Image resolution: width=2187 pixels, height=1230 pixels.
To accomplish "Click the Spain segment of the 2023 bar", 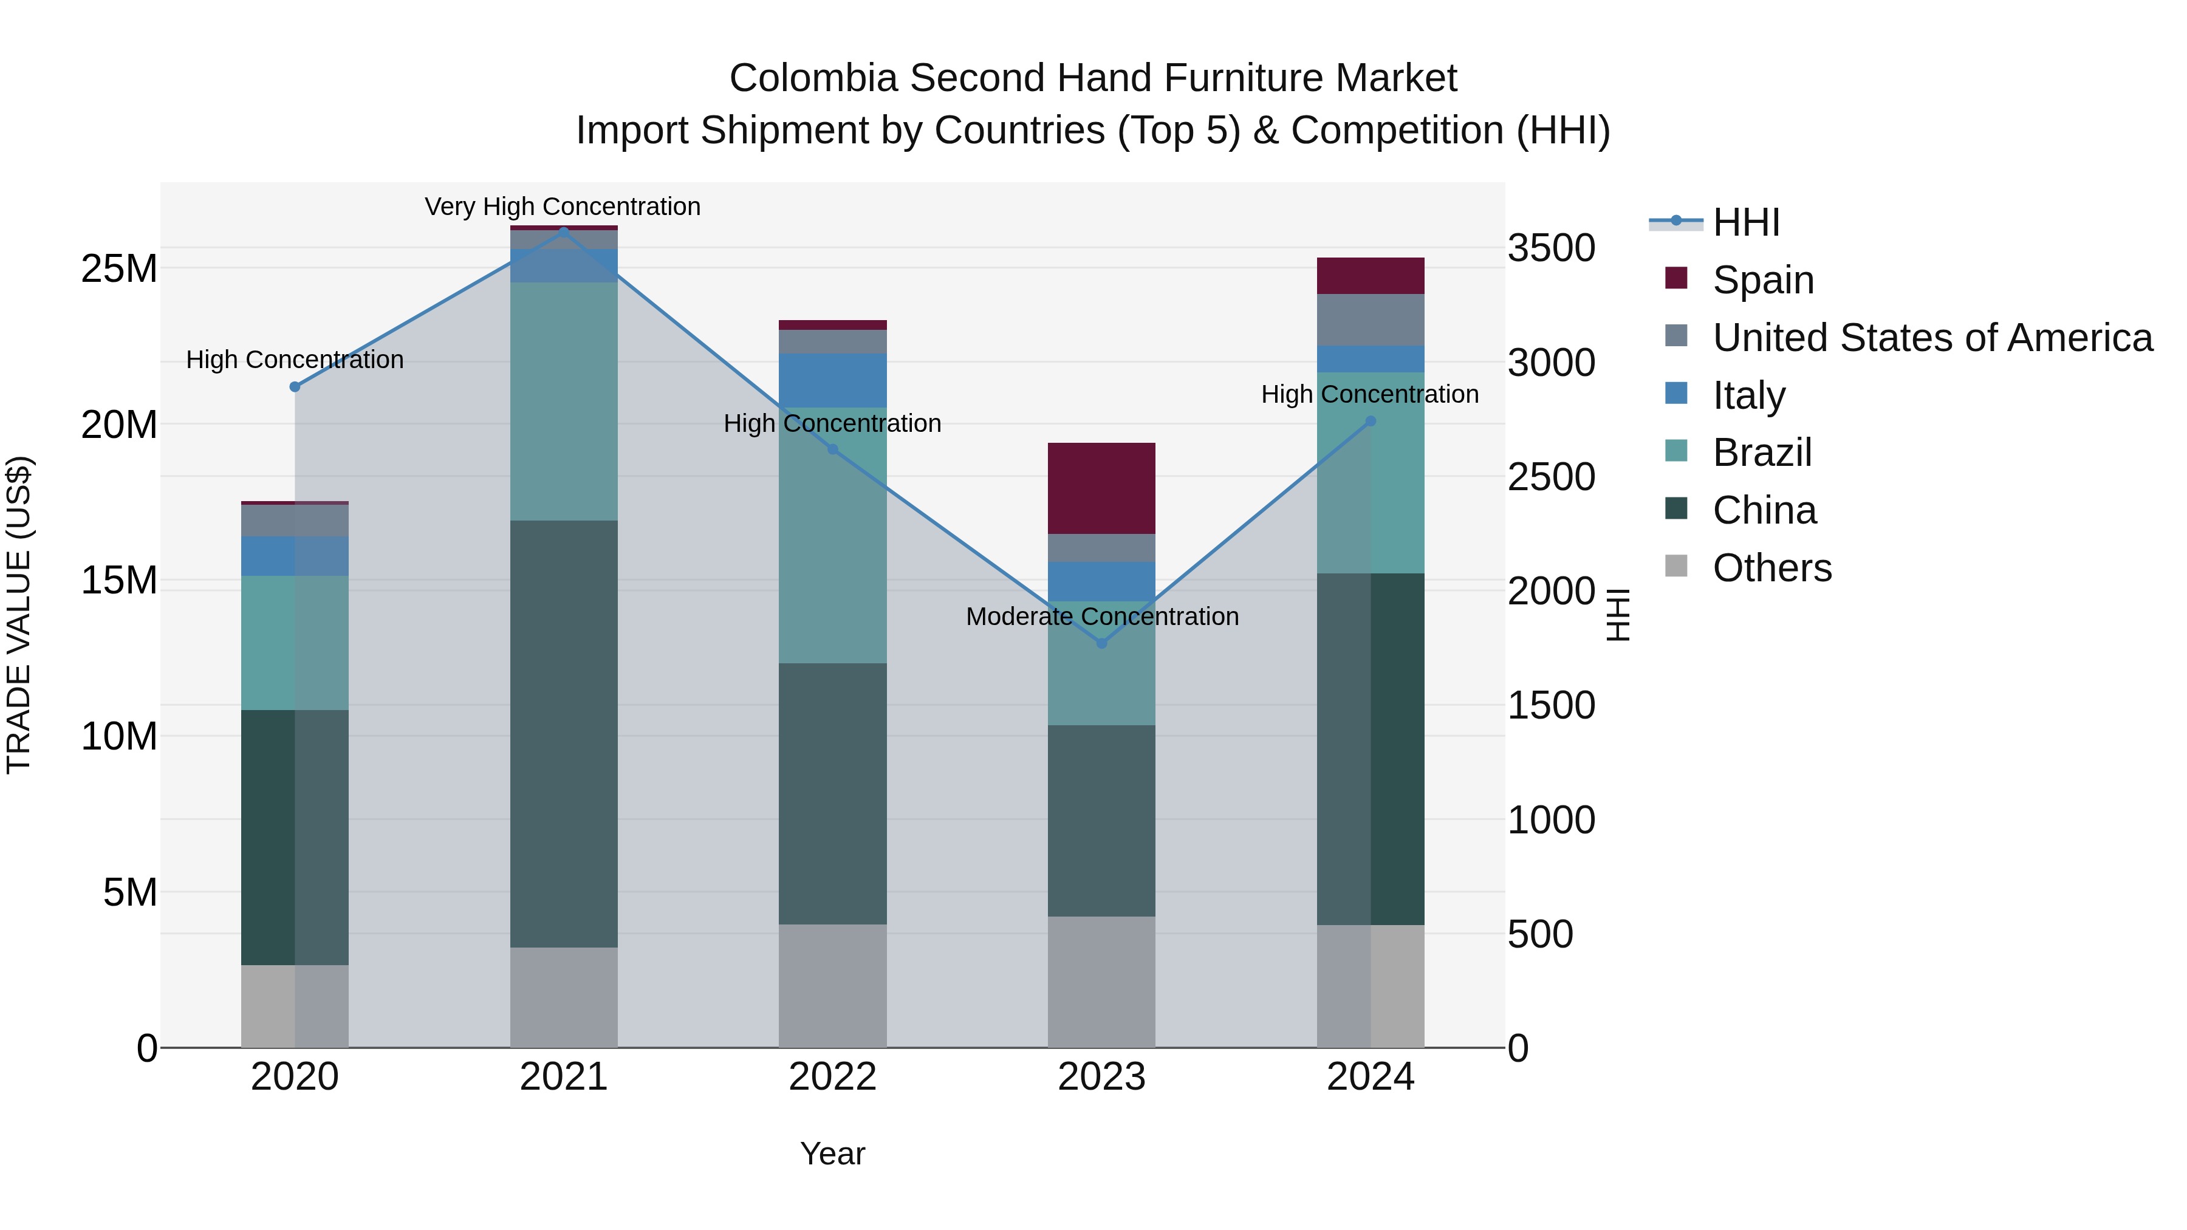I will pyautogui.click(x=1101, y=488).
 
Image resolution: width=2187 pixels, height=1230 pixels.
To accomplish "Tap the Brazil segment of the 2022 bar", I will pyautogui.click(x=832, y=535).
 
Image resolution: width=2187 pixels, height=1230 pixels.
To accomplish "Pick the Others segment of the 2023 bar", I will pyautogui.click(x=1101, y=982).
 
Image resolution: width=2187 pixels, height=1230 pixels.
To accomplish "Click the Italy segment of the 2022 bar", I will pyautogui.click(x=832, y=380).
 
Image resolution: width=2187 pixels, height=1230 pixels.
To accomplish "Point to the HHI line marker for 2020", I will pyautogui.click(x=295, y=387).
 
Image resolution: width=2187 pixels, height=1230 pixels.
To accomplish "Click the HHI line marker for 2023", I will pyautogui.click(x=1101, y=643).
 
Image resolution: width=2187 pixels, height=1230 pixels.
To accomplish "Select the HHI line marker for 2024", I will pyautogui.click(x=1371, y=421).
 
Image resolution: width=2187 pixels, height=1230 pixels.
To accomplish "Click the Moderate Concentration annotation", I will pyautogui.click(x=1102, y=617).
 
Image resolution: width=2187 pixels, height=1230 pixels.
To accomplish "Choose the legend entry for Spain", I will pyautogui.click(x=1762, y=279).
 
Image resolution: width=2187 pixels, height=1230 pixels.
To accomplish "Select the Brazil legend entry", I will pyautogui.click(x=1762, y=453).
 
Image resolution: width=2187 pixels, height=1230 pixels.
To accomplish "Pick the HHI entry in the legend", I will pyautogui.click(x=1745, y=222).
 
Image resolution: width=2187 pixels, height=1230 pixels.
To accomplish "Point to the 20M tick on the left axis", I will pyautogui.click(x=119, y=425).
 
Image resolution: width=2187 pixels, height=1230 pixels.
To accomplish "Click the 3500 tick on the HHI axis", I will pyautogui.click(x=1551, y=248).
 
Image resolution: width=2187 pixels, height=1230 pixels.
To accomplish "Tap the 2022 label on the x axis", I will pyautogui.click(x=832, y=1077).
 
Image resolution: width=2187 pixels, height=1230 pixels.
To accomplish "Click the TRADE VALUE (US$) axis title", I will pyautogui.click(x=19, y=615).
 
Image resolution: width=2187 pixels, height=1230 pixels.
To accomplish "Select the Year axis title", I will pyautogui.click(x=832, y=1153).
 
